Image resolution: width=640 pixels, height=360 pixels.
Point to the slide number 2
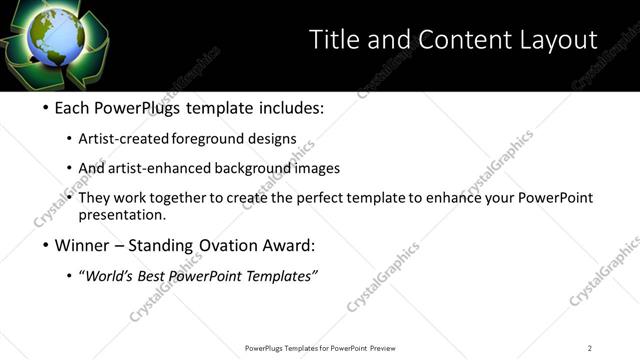590,348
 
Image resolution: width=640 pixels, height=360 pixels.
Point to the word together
177,197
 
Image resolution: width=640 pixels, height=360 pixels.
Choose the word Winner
83,245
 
